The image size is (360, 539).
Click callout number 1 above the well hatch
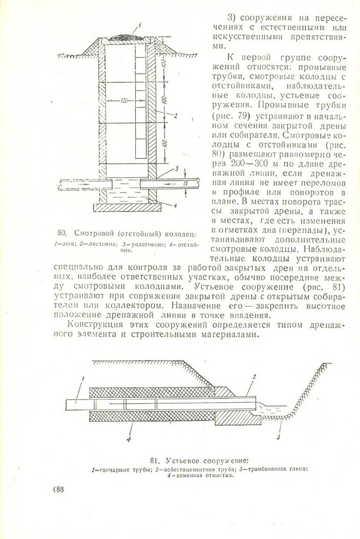139,25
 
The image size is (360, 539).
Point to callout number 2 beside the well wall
176,115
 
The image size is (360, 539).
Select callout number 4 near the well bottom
176,205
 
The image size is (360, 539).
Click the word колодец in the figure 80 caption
178,233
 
